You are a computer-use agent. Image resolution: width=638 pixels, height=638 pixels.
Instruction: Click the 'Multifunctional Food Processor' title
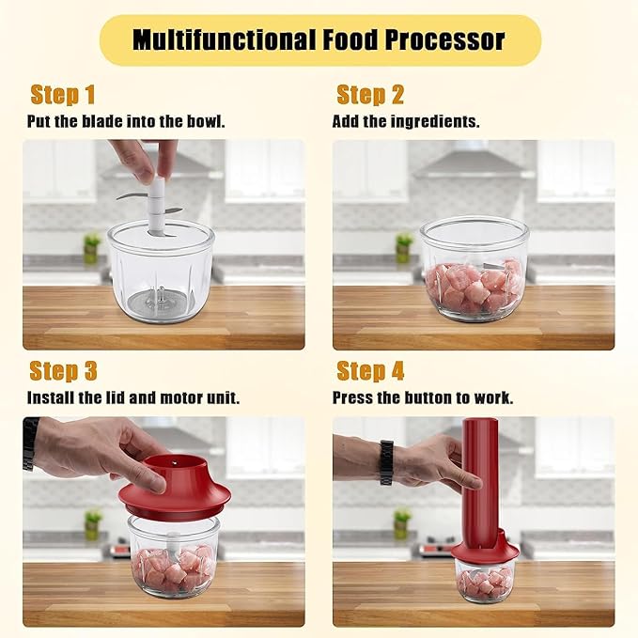[319, 40]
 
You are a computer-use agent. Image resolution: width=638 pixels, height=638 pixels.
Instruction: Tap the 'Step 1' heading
[62, 95]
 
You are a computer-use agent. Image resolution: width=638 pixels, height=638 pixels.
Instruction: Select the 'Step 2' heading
[370, 95]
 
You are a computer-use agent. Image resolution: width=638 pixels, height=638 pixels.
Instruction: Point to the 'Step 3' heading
[63, 370]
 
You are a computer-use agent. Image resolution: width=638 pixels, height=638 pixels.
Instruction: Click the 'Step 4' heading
[371, 370]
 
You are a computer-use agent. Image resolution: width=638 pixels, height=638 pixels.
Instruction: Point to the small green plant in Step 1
[91, 245]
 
